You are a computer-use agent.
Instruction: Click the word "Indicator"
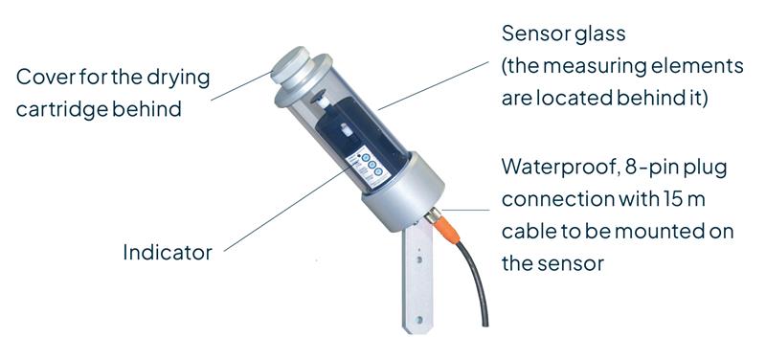coord(168,252)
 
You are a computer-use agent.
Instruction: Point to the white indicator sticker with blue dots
coord(368,166)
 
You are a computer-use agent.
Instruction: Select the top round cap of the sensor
coord(291,63)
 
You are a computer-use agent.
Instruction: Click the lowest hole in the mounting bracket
coord(418,320)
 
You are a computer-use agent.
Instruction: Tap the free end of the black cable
coord(484,324)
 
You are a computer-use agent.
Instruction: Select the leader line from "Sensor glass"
coord(434,85)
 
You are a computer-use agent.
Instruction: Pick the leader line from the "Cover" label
coord(242,85)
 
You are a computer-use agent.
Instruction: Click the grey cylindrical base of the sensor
coord(403,191)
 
